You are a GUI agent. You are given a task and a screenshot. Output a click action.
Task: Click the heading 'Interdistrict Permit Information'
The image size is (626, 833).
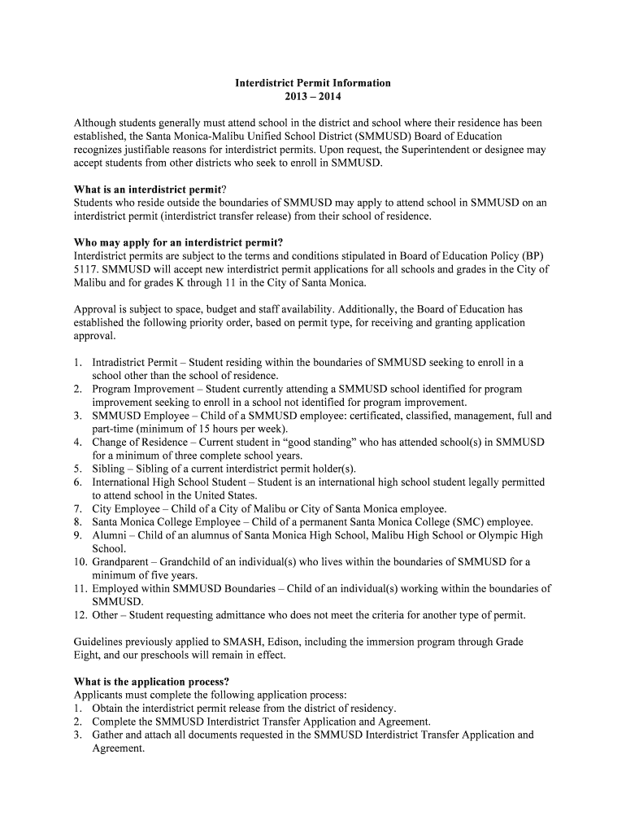(x=313, y=83)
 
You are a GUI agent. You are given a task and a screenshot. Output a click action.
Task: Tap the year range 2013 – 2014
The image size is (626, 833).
(x=313, y=96)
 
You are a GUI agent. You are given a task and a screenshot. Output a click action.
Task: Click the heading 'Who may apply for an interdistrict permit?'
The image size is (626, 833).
(x=178, y=242)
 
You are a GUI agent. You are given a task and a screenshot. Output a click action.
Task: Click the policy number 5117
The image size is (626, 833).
(x=88, y=269)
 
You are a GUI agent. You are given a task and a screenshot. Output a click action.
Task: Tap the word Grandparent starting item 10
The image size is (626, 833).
(x=123, y=561)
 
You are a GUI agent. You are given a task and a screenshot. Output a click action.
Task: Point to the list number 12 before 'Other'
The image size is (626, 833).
(x=80, y=614)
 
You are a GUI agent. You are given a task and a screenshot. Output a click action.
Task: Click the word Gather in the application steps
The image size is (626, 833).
(x=110, y=735)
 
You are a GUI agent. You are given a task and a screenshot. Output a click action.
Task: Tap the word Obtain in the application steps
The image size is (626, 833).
(x=110, y=708)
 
